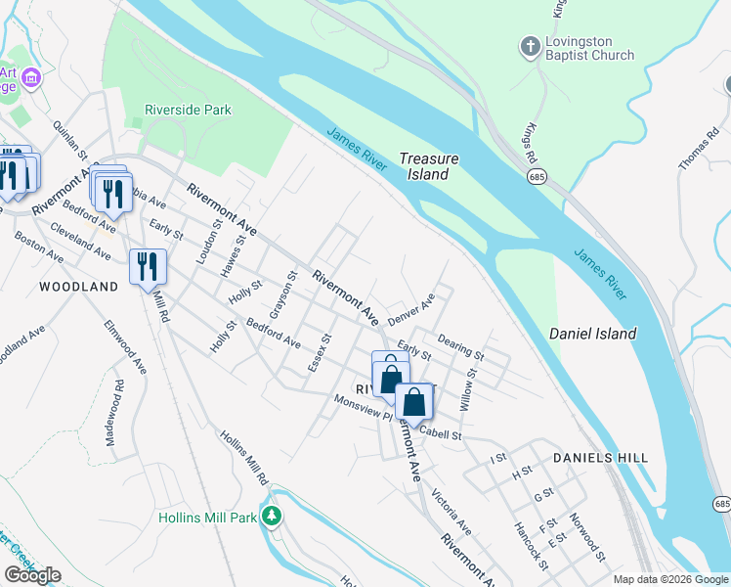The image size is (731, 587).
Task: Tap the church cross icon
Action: tap(529, 48)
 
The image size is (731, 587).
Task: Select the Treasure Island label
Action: tap(428, 166)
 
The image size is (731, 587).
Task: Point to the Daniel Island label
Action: tap(592, 334)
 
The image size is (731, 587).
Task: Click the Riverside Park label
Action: tap(188, 110)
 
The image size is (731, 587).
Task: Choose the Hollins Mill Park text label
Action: tap(207, 517)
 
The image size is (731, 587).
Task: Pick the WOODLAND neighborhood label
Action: tap(78, 287)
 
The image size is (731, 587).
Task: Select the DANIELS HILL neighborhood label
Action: tap(594, 457)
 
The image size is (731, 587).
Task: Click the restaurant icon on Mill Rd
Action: tap(148, 266)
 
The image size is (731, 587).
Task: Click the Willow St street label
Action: tap(470, 388)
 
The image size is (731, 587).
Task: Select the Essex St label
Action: tap(320, 351)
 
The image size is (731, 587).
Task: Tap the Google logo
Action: tap(33, 575)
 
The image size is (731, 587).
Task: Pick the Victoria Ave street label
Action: tap(451, 513)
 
